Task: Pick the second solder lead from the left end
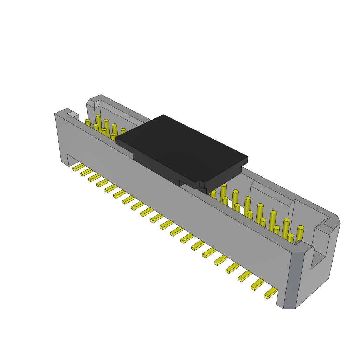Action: [86, 172]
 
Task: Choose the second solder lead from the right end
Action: [258, 284]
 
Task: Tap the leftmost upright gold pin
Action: [88, 123]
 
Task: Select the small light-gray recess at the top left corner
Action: [73, 114]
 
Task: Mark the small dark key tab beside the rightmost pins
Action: [298, 243]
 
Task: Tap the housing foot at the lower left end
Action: [64, 160]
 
